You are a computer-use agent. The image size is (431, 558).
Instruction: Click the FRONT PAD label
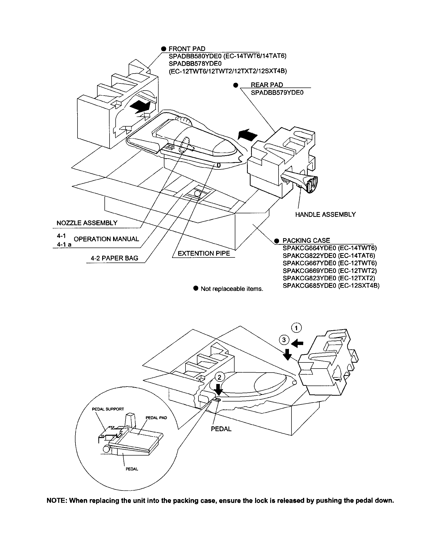187,48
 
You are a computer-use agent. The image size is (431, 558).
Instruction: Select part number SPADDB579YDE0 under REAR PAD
277,93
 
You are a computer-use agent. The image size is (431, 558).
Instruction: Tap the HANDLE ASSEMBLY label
325,214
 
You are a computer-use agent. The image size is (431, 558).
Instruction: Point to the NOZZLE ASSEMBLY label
87,223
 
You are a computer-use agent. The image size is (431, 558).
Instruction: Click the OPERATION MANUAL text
106,239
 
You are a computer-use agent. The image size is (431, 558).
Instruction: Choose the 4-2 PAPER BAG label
114,258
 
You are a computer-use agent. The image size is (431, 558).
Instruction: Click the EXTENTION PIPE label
204,253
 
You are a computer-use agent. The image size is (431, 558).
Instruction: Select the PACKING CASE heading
306,240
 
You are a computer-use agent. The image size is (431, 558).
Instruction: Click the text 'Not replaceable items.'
232,289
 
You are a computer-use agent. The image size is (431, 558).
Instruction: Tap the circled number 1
296,328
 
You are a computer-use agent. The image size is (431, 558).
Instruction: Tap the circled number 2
219,377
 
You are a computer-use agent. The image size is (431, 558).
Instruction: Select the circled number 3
284,340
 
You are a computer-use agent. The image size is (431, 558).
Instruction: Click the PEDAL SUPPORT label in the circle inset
108,409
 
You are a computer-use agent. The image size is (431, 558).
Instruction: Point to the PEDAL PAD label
156,418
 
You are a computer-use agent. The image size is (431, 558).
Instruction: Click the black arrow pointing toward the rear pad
248,134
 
